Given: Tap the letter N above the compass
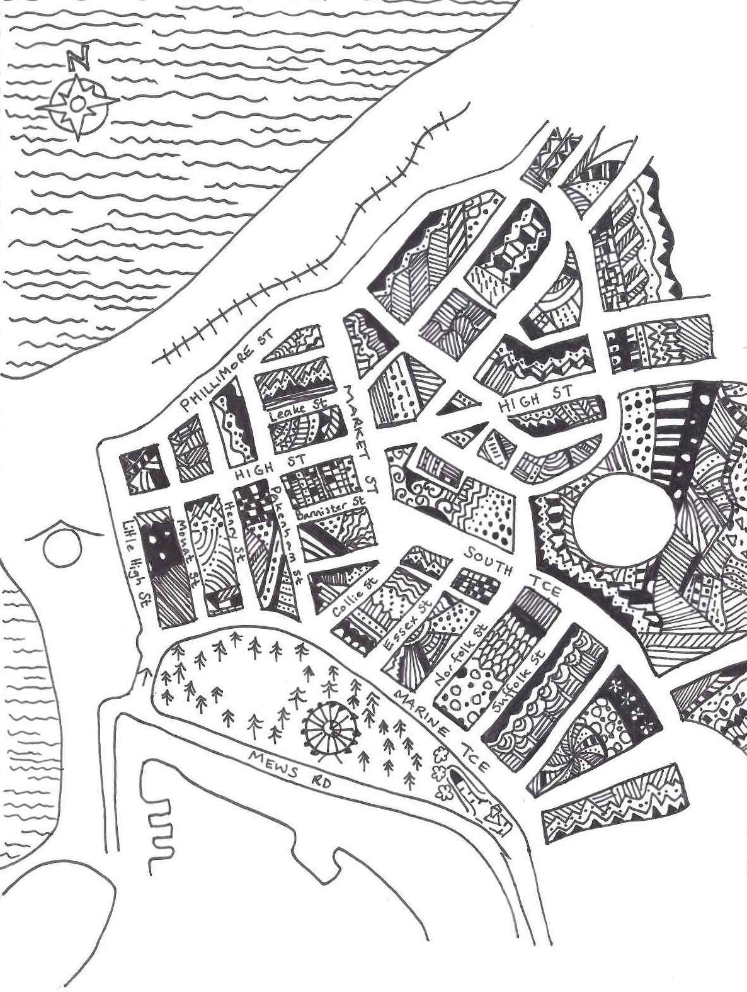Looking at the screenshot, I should click(78, 60).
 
